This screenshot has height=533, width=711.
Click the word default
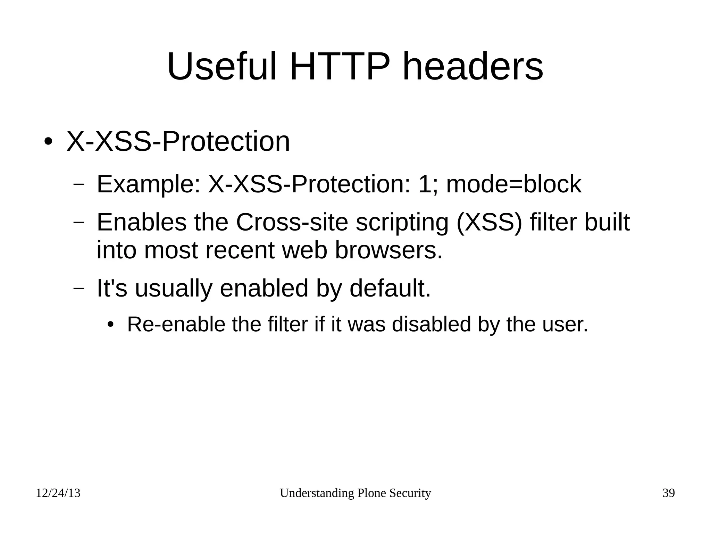point(390,288)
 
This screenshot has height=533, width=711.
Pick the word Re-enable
point(176,324)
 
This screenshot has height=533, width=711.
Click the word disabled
point(431,324)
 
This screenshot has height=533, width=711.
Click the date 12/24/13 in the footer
point(58,493)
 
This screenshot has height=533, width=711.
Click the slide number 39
point(669,493)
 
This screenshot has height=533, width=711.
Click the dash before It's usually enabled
point(79,288)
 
